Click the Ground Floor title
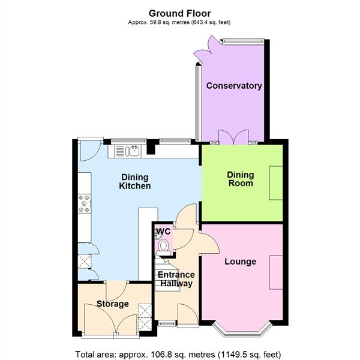point(179,13)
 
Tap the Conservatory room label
point(234,86)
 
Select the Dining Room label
point(240,179)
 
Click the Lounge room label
point(240,262)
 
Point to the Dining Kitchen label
point(136,181)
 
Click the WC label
point(163,232)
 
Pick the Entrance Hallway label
point(175,279)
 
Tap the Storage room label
point(112,304)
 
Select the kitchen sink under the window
point(133,151)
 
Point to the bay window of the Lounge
point(241,328)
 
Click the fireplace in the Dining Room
point(277,184)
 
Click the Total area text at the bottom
point(178,354)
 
